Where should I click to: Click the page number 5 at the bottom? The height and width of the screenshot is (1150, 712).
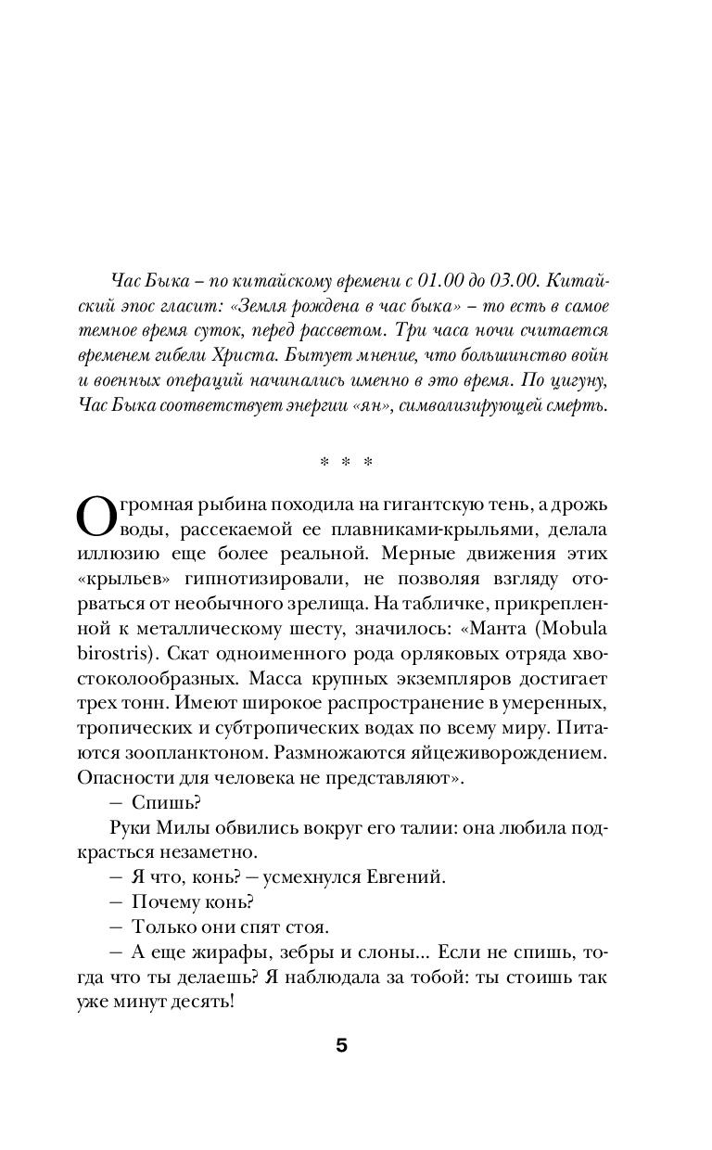coord(341,1046)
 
